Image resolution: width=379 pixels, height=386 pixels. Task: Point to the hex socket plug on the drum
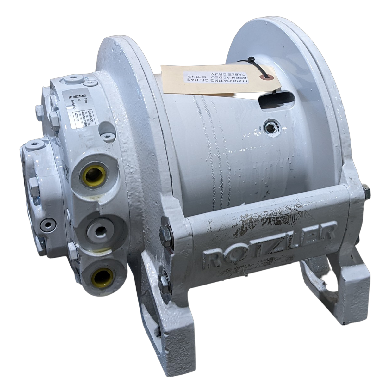[x=272, y=128]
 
